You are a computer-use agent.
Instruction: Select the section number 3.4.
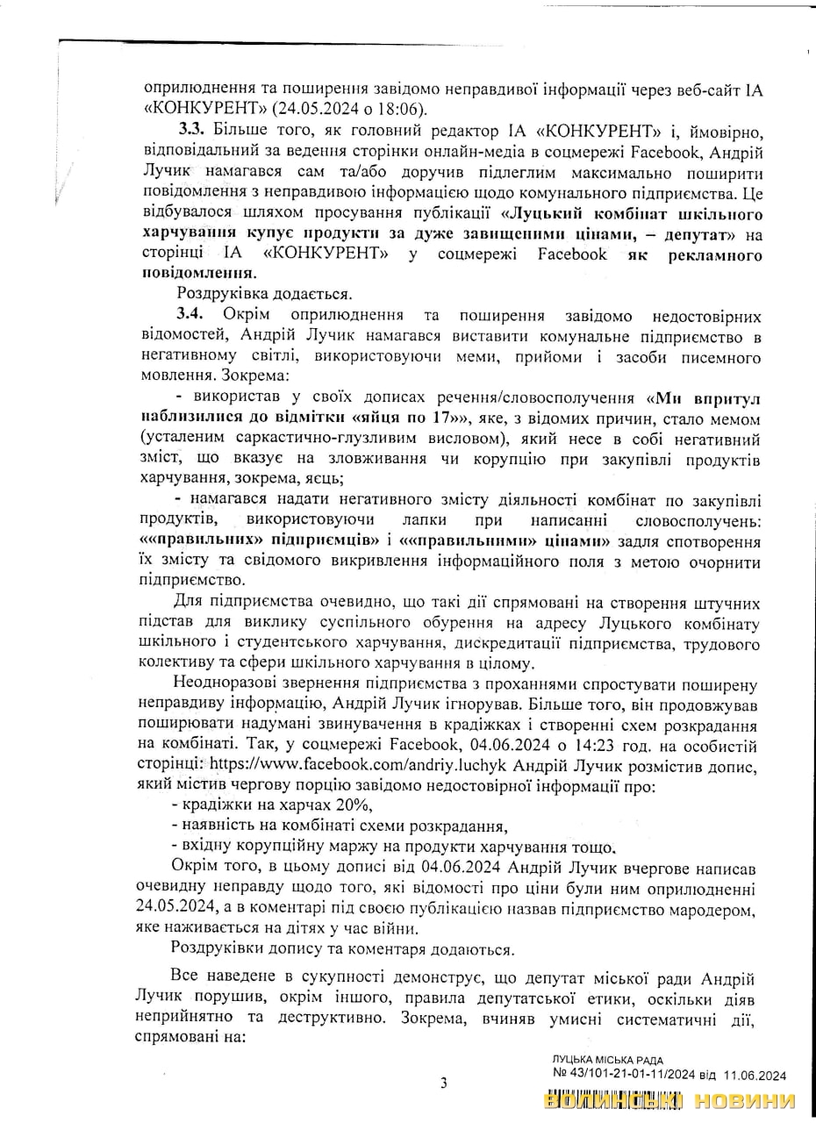192,314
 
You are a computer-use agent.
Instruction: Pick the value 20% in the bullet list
354,805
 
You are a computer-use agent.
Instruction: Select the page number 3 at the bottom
443,1083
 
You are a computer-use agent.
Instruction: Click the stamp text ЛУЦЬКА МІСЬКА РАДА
607,1060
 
